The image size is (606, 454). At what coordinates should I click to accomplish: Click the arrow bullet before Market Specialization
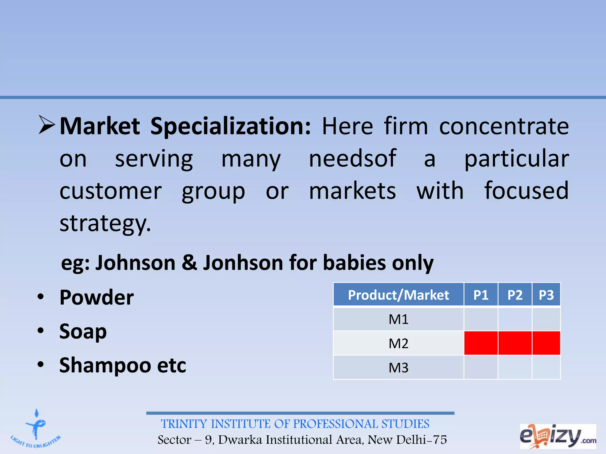[x=47, y=125]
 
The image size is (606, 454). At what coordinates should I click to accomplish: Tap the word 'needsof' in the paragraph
[x=352, y=159]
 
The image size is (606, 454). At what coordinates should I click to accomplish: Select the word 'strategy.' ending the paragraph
[x=105, y=223]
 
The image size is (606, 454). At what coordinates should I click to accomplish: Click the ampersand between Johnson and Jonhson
[x=189, y=263]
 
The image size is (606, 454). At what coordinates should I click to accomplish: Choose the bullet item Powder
[x=96, y=297]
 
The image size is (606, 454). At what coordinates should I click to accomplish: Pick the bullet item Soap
[x=83, y=332]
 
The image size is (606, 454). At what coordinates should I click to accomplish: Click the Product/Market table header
[x=398, y=295]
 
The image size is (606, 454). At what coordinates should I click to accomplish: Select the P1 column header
[x=481, y=295]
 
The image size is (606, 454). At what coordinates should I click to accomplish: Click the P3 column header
[x=546, y=295]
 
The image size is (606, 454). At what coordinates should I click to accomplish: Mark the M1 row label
[x=398, y=320]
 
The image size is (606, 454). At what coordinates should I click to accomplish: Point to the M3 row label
[x=398, y=368]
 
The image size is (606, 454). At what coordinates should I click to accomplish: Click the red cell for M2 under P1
[x=481, y=343]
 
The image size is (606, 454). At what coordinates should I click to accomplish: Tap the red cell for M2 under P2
[x=515, y=343]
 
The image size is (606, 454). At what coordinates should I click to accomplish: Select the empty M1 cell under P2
[x=515, y=320]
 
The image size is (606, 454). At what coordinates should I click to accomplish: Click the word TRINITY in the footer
[x=184, y=424]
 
